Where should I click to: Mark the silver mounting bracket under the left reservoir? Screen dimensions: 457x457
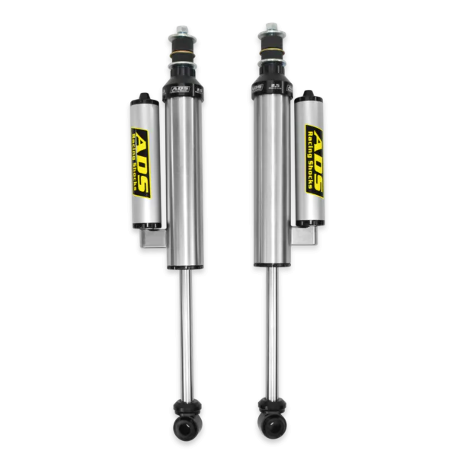pyautogui.click(x=152, y=239)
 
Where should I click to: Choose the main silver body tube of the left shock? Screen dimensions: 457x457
pyautogui.click(x=184, y=183)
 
